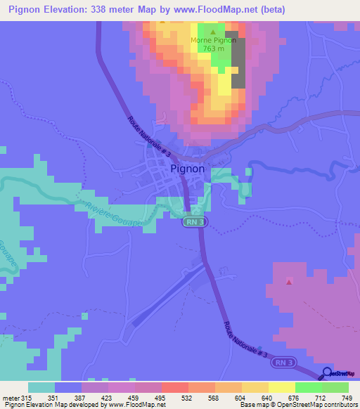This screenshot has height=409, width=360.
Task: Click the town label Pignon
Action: click(x=188, y=169)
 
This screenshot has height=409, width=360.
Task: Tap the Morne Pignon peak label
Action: click(x=212, y=40)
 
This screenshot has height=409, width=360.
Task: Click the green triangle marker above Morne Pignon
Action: click(x=213, y=32)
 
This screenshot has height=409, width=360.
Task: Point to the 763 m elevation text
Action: click(x=213, y=48)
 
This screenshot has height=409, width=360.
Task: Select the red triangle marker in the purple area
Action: click(x=289, y=283)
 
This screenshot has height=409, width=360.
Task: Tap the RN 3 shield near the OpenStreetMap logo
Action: click(x=281, y=361)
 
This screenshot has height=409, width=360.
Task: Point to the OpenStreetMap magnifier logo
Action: click(x=327, y=372)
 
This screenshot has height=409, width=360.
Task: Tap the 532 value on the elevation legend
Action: click(x=186, y=397)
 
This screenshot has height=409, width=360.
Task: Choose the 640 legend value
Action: click(x=266, y=397)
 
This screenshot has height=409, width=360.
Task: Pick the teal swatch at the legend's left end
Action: click(x=41, y=387)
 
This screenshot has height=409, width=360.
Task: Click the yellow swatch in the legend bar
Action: click(x=282, y=387)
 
